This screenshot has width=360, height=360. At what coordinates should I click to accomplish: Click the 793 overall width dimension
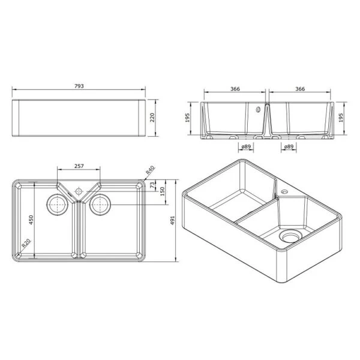79,86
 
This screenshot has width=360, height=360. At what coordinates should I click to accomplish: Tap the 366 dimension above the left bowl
235,89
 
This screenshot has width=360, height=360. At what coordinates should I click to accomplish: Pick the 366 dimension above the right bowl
300,89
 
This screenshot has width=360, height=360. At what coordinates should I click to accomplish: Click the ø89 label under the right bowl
289,146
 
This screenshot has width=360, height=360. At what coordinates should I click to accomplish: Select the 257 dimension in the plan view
79,165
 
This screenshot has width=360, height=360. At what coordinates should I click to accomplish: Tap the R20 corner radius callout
26,244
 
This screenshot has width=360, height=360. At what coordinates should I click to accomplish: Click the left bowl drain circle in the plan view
58,205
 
